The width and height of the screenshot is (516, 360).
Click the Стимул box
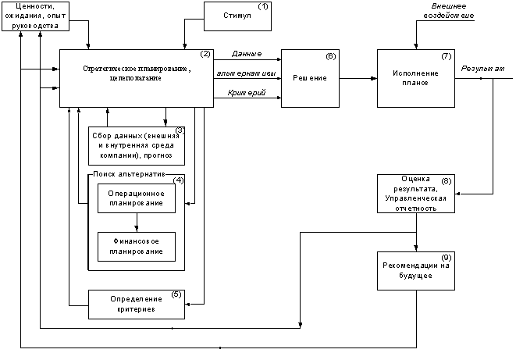237,16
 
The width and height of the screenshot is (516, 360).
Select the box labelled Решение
310,78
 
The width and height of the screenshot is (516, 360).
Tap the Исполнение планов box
416,78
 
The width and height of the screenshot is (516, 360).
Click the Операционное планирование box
137,198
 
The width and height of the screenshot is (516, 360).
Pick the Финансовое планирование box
137,247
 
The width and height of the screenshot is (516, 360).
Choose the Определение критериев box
137,305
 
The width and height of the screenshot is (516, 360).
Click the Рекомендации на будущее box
416,271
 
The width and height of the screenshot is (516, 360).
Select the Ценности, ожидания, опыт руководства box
36,16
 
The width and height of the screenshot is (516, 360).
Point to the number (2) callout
205,55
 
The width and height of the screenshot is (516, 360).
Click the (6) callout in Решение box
331,56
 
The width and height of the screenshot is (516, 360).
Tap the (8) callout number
447,181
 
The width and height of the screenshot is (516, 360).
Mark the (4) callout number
178,180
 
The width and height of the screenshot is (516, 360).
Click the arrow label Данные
247,54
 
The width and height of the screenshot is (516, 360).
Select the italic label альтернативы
246,73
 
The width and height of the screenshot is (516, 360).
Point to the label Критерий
247,93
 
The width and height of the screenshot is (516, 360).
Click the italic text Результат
482,69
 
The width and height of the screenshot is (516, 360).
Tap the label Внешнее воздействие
449,11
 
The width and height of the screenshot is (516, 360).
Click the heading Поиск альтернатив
129,174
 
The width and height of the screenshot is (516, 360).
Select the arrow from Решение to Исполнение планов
358,78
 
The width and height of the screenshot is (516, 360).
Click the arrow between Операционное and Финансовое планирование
137,223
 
